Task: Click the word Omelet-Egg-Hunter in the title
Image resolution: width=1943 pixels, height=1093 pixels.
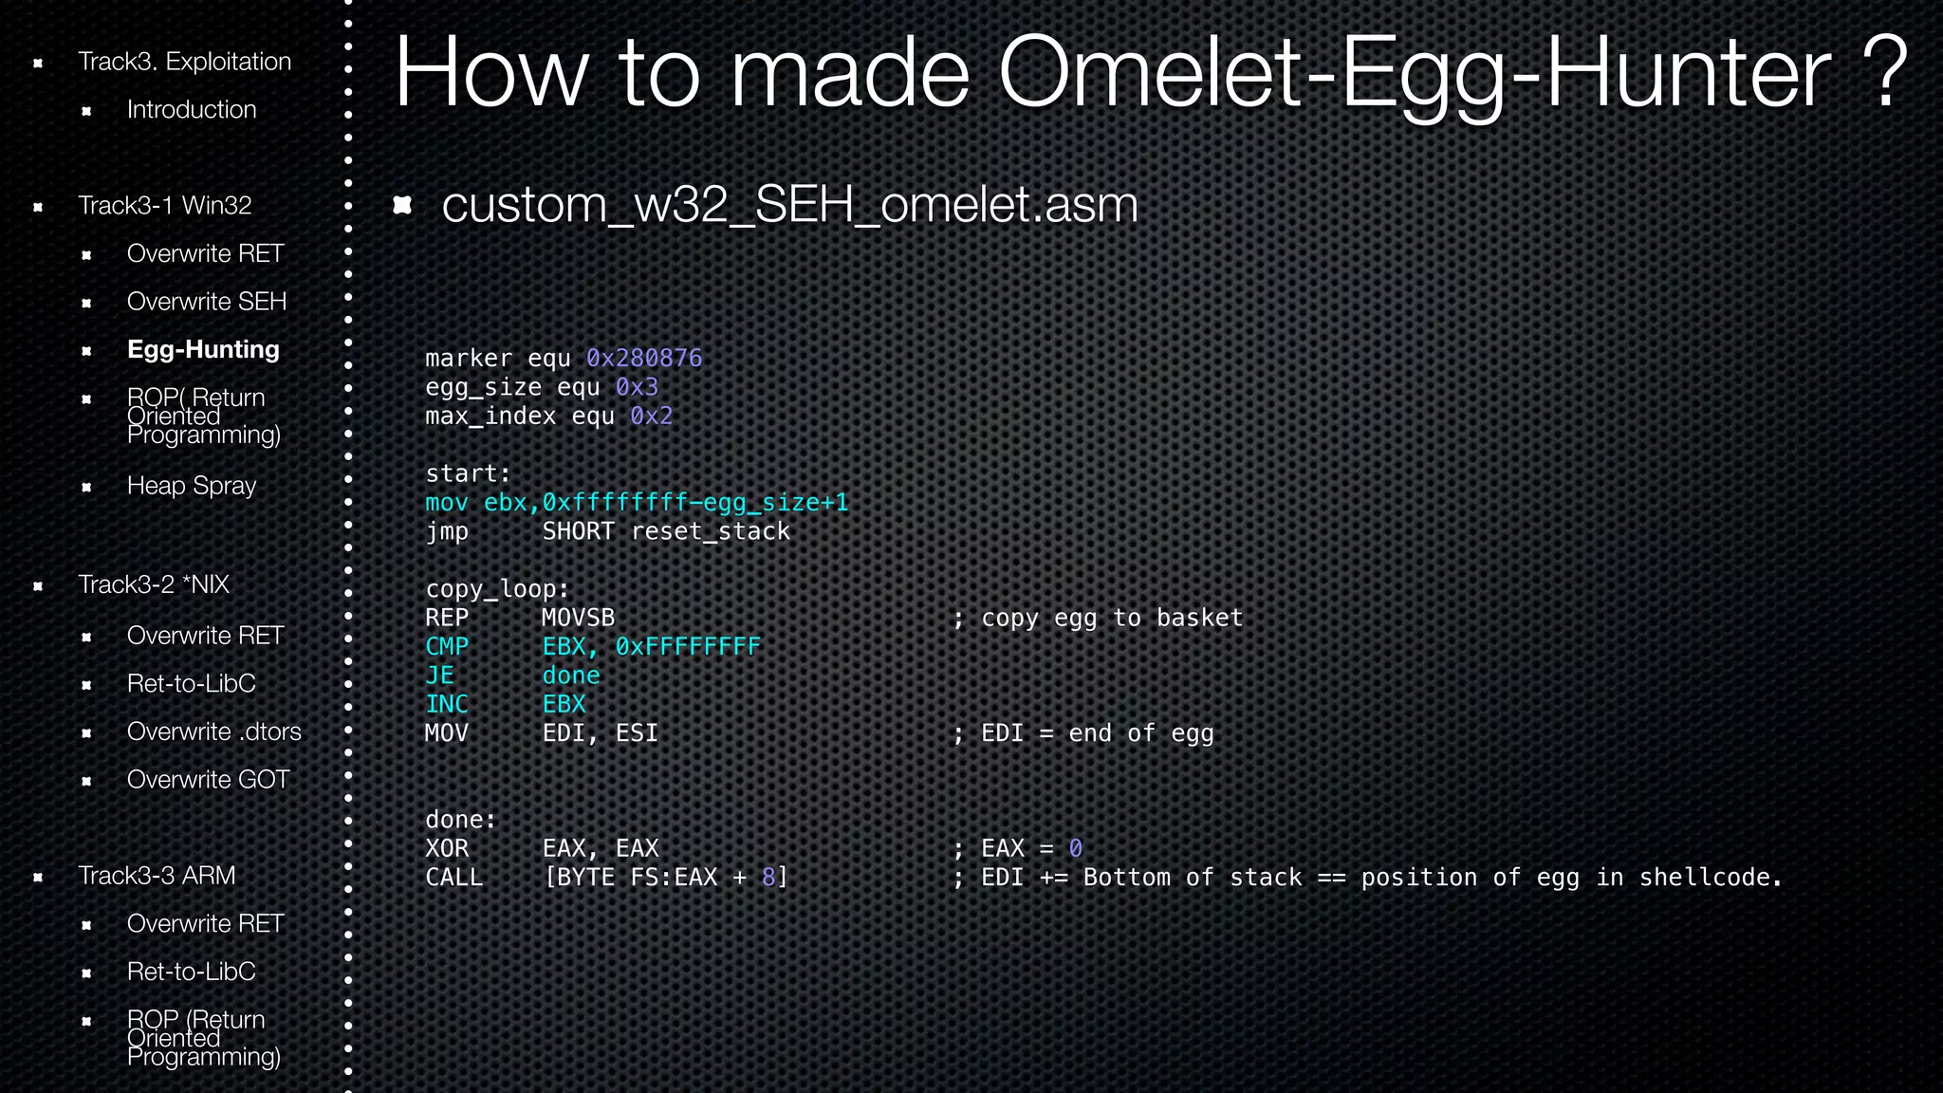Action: [1414, 74]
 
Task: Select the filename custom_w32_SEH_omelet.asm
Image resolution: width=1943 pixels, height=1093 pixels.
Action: [789, 205]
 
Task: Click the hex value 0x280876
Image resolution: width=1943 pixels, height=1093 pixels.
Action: [644, 359]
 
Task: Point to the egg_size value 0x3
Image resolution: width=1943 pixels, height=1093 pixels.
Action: [637, 387]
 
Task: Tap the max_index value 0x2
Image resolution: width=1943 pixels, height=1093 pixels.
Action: [651, 417]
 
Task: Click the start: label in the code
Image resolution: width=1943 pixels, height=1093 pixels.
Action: [468, 473]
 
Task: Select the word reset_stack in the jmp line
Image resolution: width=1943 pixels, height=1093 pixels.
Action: [711, 531]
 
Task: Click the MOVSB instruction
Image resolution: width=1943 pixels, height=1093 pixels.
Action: [578, 618]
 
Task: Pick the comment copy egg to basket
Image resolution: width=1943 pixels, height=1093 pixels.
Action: [1111, 618]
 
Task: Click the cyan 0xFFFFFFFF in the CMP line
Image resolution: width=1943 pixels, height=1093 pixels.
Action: [688, 647]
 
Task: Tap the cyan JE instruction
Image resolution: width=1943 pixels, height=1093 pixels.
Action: [439, 676]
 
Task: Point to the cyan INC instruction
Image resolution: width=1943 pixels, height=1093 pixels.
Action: [447, 704]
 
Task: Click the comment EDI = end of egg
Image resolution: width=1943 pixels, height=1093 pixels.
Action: [1097, 733]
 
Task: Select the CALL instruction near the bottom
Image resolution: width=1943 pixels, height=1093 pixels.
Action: [453, 878]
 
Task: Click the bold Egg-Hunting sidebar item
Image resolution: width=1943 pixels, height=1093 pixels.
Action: [203, 350]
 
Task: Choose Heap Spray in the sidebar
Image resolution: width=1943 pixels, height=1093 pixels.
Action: [192, 486]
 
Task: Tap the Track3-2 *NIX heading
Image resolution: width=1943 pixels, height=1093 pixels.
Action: [154, 584]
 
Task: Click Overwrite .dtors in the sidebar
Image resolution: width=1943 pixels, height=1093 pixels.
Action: [213, 732]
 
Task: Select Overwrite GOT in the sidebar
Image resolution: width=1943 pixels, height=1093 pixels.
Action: [208, 780]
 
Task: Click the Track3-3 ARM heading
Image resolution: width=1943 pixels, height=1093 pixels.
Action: [157, 876]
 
